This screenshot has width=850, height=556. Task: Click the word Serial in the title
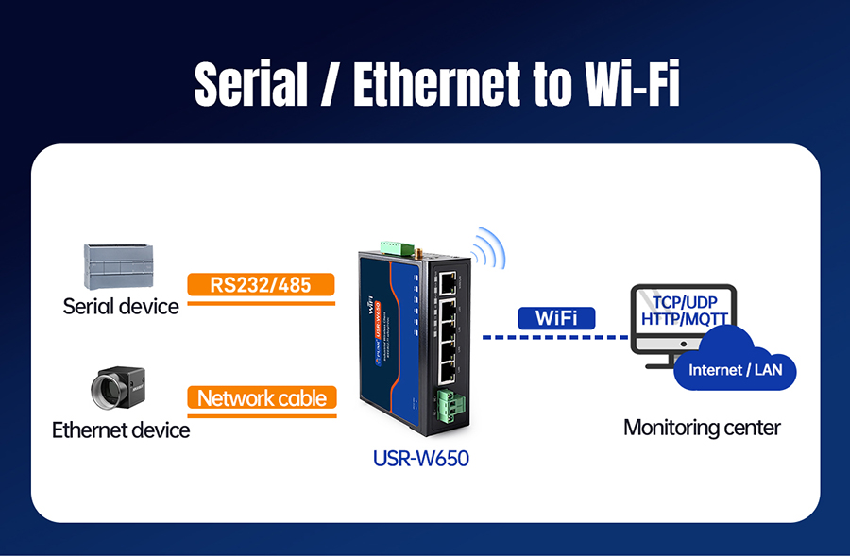(x=250, y=86)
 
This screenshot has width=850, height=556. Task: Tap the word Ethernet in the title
(x=433, y=86)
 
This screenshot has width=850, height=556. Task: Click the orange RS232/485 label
(x=262, y=284)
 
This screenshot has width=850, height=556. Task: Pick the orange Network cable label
(x=262, y=397)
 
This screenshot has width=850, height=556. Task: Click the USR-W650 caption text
(x=421, y=460)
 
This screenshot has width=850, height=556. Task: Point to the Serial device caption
(x=121, y=306)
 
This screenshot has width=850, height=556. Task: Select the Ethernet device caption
(x=121, y=430)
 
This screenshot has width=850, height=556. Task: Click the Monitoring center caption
(x=702, y=428)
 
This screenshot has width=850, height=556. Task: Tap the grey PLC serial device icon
(x=118, y=266)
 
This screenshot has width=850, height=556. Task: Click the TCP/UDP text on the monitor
(x=685, y=302)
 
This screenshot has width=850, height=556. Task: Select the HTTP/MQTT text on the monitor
(x=685, y=319)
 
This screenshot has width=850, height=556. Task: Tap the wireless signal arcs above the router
(x=488, y=248)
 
